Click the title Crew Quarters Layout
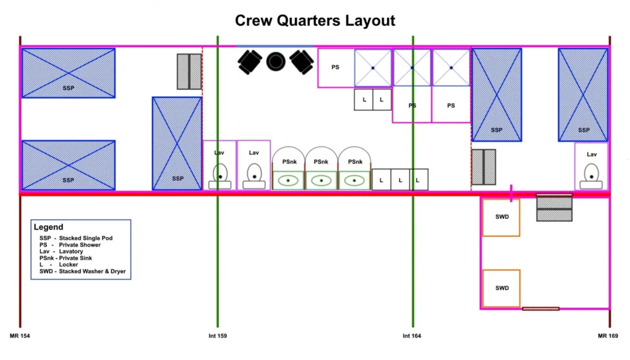tap(315, 20)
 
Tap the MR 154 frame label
tap(20, 336)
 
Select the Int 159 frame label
tap(218, 336)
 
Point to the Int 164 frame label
tap(412, 336)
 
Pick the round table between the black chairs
tap(276, 60)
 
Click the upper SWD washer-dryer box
tap(501, 217)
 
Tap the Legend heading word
tap(49, 227)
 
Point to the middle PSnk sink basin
tap(321, 181)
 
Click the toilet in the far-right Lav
tap(591, 175)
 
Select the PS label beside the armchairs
tap(335, 67)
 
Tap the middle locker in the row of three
tap(400, 180)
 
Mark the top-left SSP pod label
tap(68, 88)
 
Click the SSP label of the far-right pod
tap(584, 130)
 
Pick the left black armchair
tap(250, 62)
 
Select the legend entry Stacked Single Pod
tap(76, 238)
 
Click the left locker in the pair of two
tap(364, 99)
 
